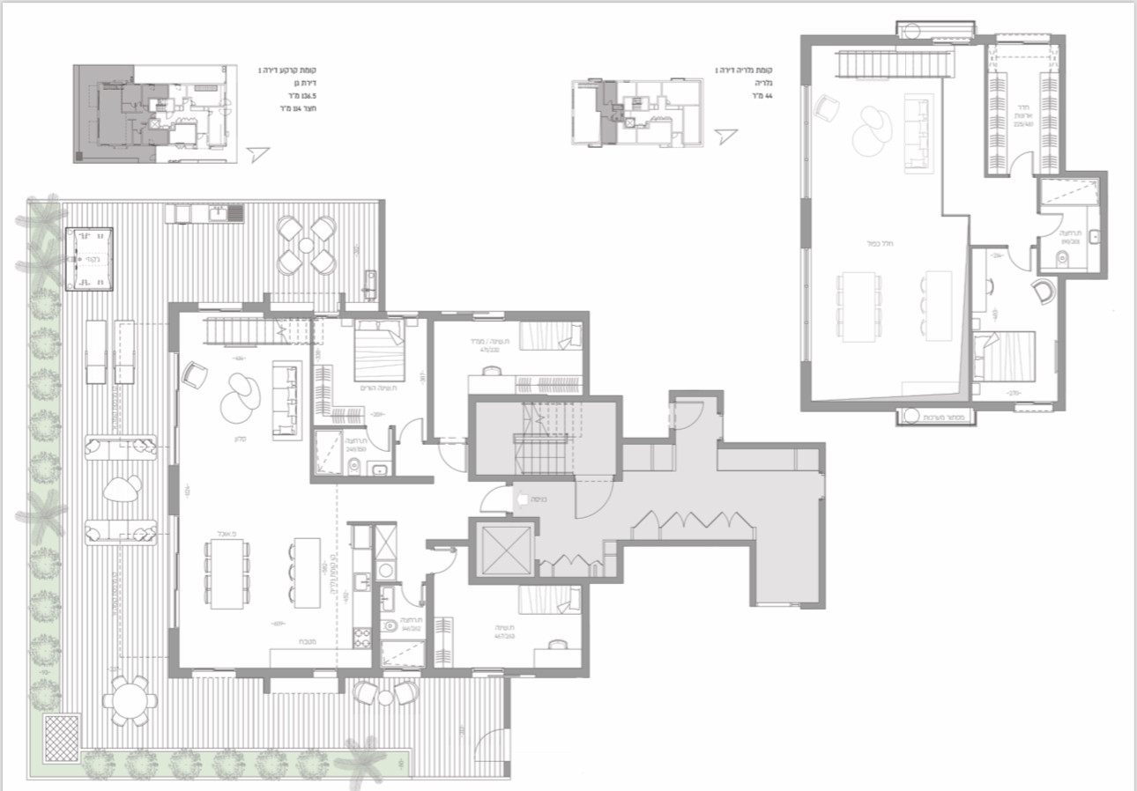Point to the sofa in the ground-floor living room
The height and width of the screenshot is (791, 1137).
[286, 399]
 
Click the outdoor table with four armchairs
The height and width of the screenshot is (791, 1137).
[306, 246]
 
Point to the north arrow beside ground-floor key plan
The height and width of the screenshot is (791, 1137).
[256, 154]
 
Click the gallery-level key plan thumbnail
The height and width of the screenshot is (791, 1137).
[638, 112]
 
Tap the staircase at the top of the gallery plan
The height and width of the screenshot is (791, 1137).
[894, 64]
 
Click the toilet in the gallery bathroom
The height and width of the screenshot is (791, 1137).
[1060, 259]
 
